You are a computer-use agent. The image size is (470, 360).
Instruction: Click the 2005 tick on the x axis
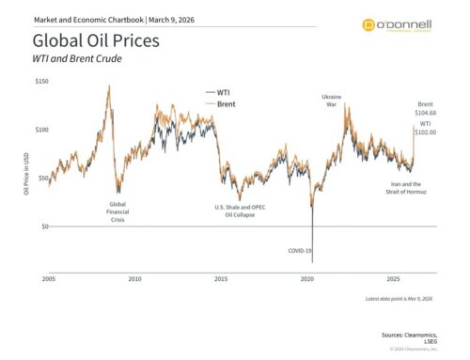(50, 279)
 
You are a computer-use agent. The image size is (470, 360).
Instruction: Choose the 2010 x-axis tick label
(135, 279)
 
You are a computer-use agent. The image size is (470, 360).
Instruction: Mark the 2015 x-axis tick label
(221, 279)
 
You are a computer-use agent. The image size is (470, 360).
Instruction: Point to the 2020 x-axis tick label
(306, 279)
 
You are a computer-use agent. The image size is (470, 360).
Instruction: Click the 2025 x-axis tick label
(393, 279)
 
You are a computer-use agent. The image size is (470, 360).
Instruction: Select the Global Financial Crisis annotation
(118, 211)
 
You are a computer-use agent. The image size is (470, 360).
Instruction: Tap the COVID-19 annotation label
(302, 251)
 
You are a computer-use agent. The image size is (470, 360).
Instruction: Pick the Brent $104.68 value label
(426, 108)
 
